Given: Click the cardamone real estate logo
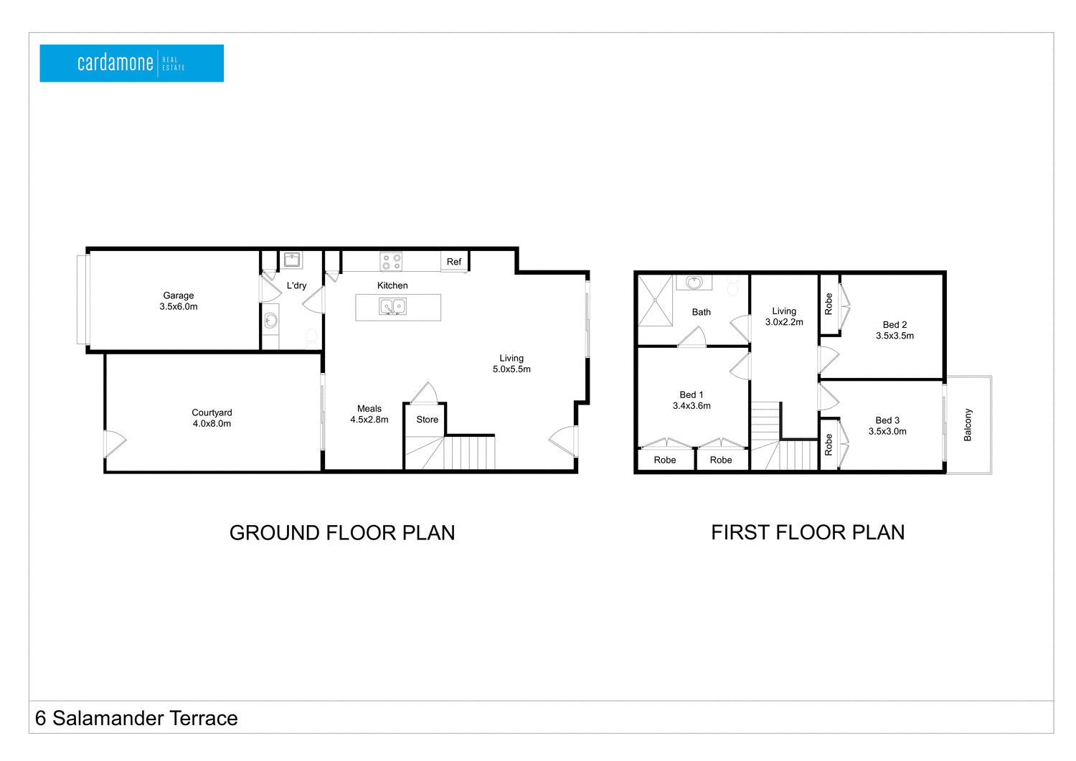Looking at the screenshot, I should coord(131,63).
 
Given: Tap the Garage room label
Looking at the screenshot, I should coord(179,296).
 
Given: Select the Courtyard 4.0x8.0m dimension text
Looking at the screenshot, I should coord(212,424).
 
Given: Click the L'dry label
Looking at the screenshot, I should coord(296,285).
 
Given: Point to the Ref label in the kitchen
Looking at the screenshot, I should coord(454,262).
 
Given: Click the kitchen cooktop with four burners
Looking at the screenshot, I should coord(391,262).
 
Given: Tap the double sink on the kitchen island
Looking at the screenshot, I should coord(393,307).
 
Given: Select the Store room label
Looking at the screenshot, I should coord(427,420).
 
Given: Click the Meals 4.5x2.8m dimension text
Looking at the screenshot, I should coord(369,420).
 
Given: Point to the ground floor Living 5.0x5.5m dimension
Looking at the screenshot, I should coord(511,369).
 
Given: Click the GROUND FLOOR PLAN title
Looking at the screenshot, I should coord(342,533).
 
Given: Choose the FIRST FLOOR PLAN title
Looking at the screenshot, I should coord(808,532).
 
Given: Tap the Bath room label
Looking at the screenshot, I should coord(702,312).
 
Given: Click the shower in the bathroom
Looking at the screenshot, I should coord(655,301).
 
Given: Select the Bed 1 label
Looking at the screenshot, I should coord(692,394).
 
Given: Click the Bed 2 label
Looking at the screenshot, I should coord(895,325).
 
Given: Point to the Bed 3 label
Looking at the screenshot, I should coord(887,420).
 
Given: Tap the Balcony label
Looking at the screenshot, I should coord(968,425).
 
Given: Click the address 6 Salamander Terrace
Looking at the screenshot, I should coord(136,718).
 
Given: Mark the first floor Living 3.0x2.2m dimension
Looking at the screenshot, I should coord(784,322).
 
